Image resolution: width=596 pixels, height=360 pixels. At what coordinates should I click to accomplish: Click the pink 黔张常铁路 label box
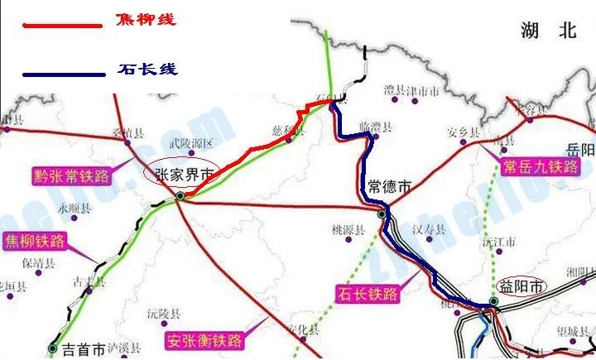[x=71, y=176]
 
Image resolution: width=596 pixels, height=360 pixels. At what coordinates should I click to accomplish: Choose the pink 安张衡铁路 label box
[x=204, y=340]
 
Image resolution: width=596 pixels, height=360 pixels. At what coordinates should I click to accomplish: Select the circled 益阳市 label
[x=521, y=286]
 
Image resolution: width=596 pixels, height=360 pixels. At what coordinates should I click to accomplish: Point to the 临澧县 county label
[x=375, y=127]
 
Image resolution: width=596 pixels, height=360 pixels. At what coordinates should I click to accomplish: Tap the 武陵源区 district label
[x=191, y=143]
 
